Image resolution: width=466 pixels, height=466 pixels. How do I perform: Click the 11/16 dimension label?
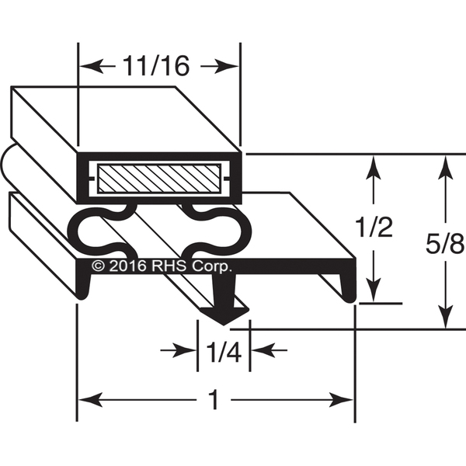tap(156, 66)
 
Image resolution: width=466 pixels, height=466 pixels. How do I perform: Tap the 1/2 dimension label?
tap(375, 228)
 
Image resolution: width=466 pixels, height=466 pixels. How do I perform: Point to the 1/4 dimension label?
tap(224, 353)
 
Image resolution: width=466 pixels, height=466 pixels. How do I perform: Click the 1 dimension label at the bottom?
tap(214, 400)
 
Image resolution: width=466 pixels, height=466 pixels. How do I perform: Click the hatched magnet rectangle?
tap(159, 179)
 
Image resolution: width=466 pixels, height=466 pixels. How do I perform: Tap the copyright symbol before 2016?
tap(98, 266)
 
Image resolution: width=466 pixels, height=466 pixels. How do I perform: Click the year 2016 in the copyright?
tap(128, 266)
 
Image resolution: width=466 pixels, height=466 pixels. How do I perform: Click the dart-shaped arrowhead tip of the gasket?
tap(224, 324)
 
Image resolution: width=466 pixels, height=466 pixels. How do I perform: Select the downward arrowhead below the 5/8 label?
tap(445, 316)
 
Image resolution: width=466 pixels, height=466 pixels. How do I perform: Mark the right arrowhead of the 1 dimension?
tap(341, 400)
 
